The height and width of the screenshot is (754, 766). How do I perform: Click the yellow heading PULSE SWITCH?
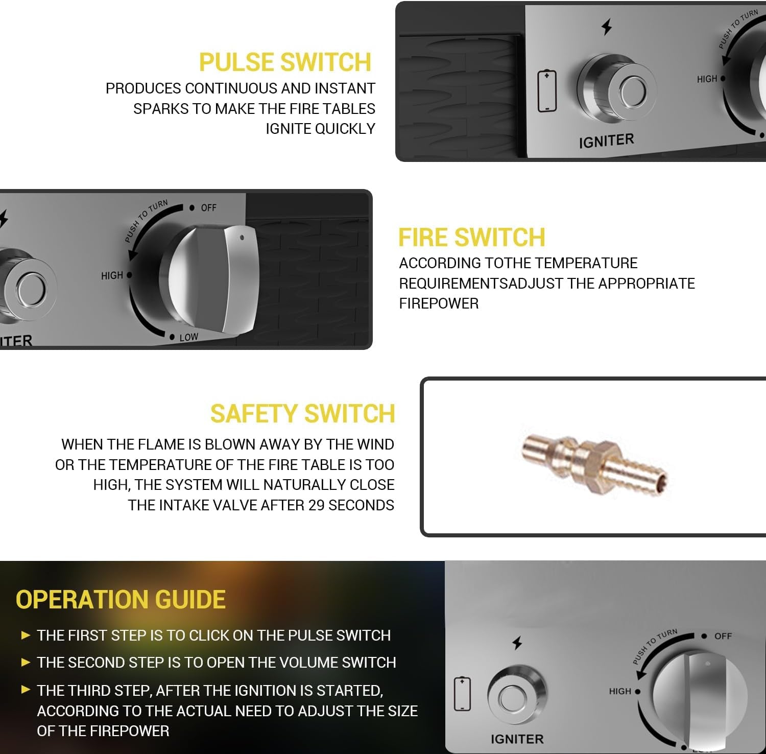pos(285,62)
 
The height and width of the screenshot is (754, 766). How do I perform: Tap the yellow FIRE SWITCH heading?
pos(472,238)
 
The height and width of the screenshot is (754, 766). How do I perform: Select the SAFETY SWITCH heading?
pos(303,414)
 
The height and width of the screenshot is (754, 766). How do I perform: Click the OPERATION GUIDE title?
pos(121,600)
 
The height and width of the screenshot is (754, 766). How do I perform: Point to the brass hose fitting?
pos(594,464)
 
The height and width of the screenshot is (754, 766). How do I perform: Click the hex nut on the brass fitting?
pos(591,463)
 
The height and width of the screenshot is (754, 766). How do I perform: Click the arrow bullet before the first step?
pos(26,635)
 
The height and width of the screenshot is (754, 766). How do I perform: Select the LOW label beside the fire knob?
pos(188,338)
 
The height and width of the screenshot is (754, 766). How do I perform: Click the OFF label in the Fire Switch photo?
pos(209,208)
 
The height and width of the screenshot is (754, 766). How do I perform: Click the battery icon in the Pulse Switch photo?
pos(547,91)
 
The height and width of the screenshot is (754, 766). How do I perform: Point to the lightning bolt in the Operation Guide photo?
pos(517,643)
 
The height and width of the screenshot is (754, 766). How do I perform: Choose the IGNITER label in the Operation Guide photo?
pos(517,739)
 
